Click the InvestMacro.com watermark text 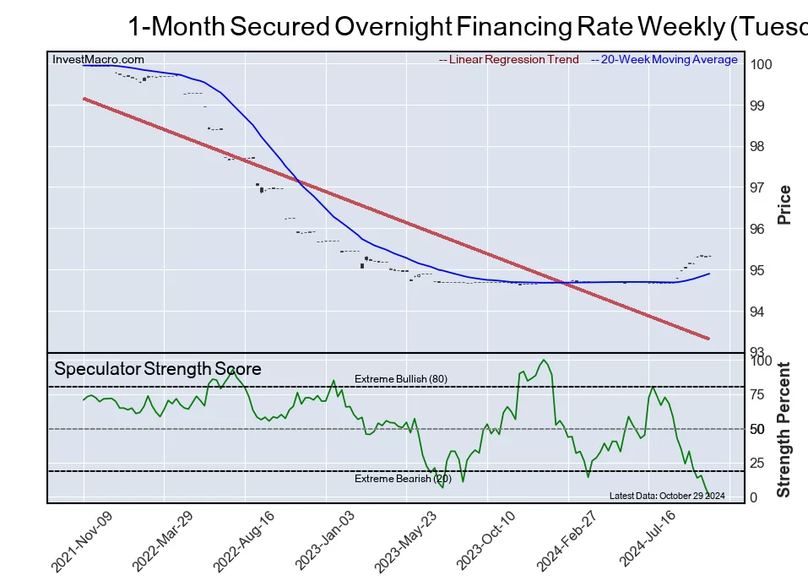coord(98,60)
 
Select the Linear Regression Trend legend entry coord(509,60)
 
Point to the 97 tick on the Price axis coord(758,187)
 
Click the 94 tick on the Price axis coord(758,312)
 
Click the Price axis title coord(784,204)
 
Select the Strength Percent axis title coord(784,429)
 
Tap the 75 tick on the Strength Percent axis coord(758,394)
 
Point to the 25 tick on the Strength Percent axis coord(758,463)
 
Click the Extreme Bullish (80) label coord(401,379)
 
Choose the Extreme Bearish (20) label coord(403,480)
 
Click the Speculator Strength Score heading coord(158,369)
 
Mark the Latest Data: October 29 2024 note coord(667,496)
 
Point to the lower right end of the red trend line coord(708,338)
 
